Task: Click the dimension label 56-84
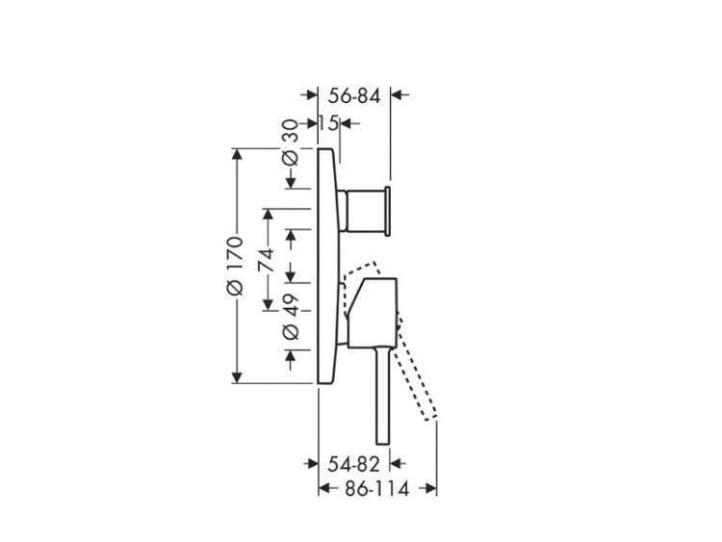354,95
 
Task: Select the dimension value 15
329,123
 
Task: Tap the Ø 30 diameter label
291,145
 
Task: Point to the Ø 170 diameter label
235,266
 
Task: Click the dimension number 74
266,261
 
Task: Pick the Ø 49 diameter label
291,318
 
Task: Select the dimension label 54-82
353,464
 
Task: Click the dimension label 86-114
377,489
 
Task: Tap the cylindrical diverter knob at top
365,211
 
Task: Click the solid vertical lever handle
382,396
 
